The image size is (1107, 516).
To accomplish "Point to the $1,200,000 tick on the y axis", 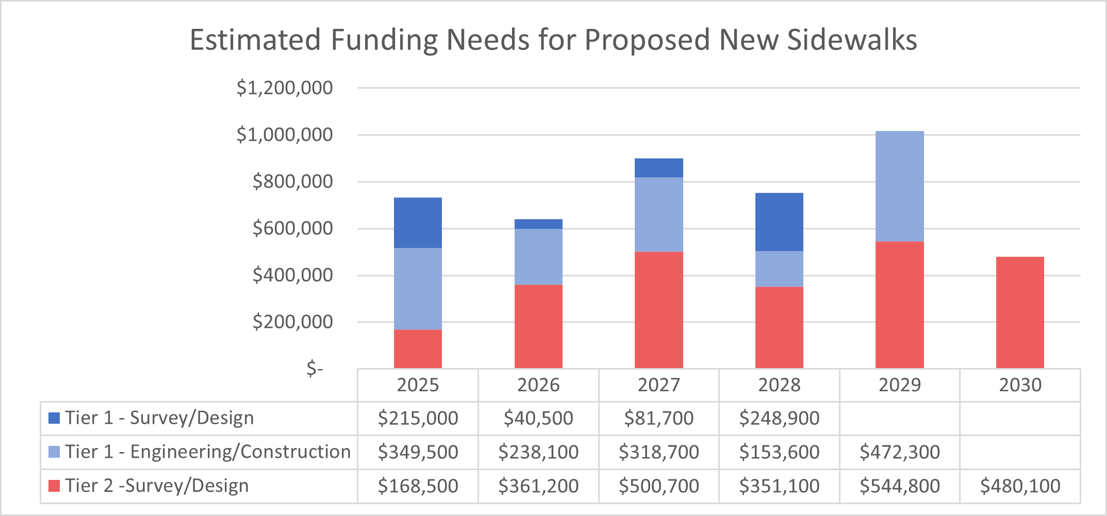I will tap(285, 88).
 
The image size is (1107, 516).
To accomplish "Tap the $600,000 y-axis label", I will tap(292, 228).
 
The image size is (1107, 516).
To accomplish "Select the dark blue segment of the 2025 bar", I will tap(418, 223).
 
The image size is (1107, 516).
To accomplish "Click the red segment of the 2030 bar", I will tap(1020, 312).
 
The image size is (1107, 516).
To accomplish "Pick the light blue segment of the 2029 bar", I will tap(899, 186).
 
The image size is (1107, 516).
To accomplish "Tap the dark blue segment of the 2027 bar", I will tap(658, 168).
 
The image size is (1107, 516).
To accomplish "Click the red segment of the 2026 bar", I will tap(538, 326).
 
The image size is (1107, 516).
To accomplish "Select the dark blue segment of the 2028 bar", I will tap(779, 222).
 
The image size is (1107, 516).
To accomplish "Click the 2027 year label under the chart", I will tap(658, 385).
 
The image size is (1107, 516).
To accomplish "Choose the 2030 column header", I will tap(1020, 385).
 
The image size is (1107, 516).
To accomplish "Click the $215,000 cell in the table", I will tap(418, 418).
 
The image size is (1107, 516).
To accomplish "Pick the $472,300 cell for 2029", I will tap(899, 452).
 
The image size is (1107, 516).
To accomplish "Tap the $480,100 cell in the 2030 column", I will tap(1020, 486).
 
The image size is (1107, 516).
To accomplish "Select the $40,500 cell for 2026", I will tap(538, 418).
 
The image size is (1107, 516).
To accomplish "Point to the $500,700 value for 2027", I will tap(658, 486).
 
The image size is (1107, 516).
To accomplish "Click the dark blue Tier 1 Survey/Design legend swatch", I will tap(54, 418).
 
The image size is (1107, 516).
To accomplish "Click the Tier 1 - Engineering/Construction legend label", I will tap(207, 452).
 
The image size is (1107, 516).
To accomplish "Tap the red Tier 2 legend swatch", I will tap(54, 486).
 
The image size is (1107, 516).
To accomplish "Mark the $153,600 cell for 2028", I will tap(779, 452).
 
